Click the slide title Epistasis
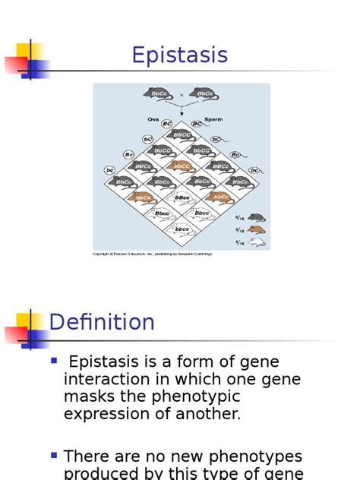click(179, 55)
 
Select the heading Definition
click(102, 322)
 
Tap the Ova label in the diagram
click(153, 119)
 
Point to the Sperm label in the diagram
click(213, 119)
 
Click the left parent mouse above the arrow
click(159, 94)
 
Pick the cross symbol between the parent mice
click(182, 95)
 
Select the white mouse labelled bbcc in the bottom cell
click(182, 228)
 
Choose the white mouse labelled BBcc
click(182, 197)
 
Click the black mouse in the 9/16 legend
click(257, 217)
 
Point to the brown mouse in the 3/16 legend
click(257, 229)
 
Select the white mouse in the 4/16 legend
click(257, 242)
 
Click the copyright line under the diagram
click(152, 254)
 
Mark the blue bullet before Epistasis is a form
click(54, 360)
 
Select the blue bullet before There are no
click(54, 455)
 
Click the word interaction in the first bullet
click(113, 379)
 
